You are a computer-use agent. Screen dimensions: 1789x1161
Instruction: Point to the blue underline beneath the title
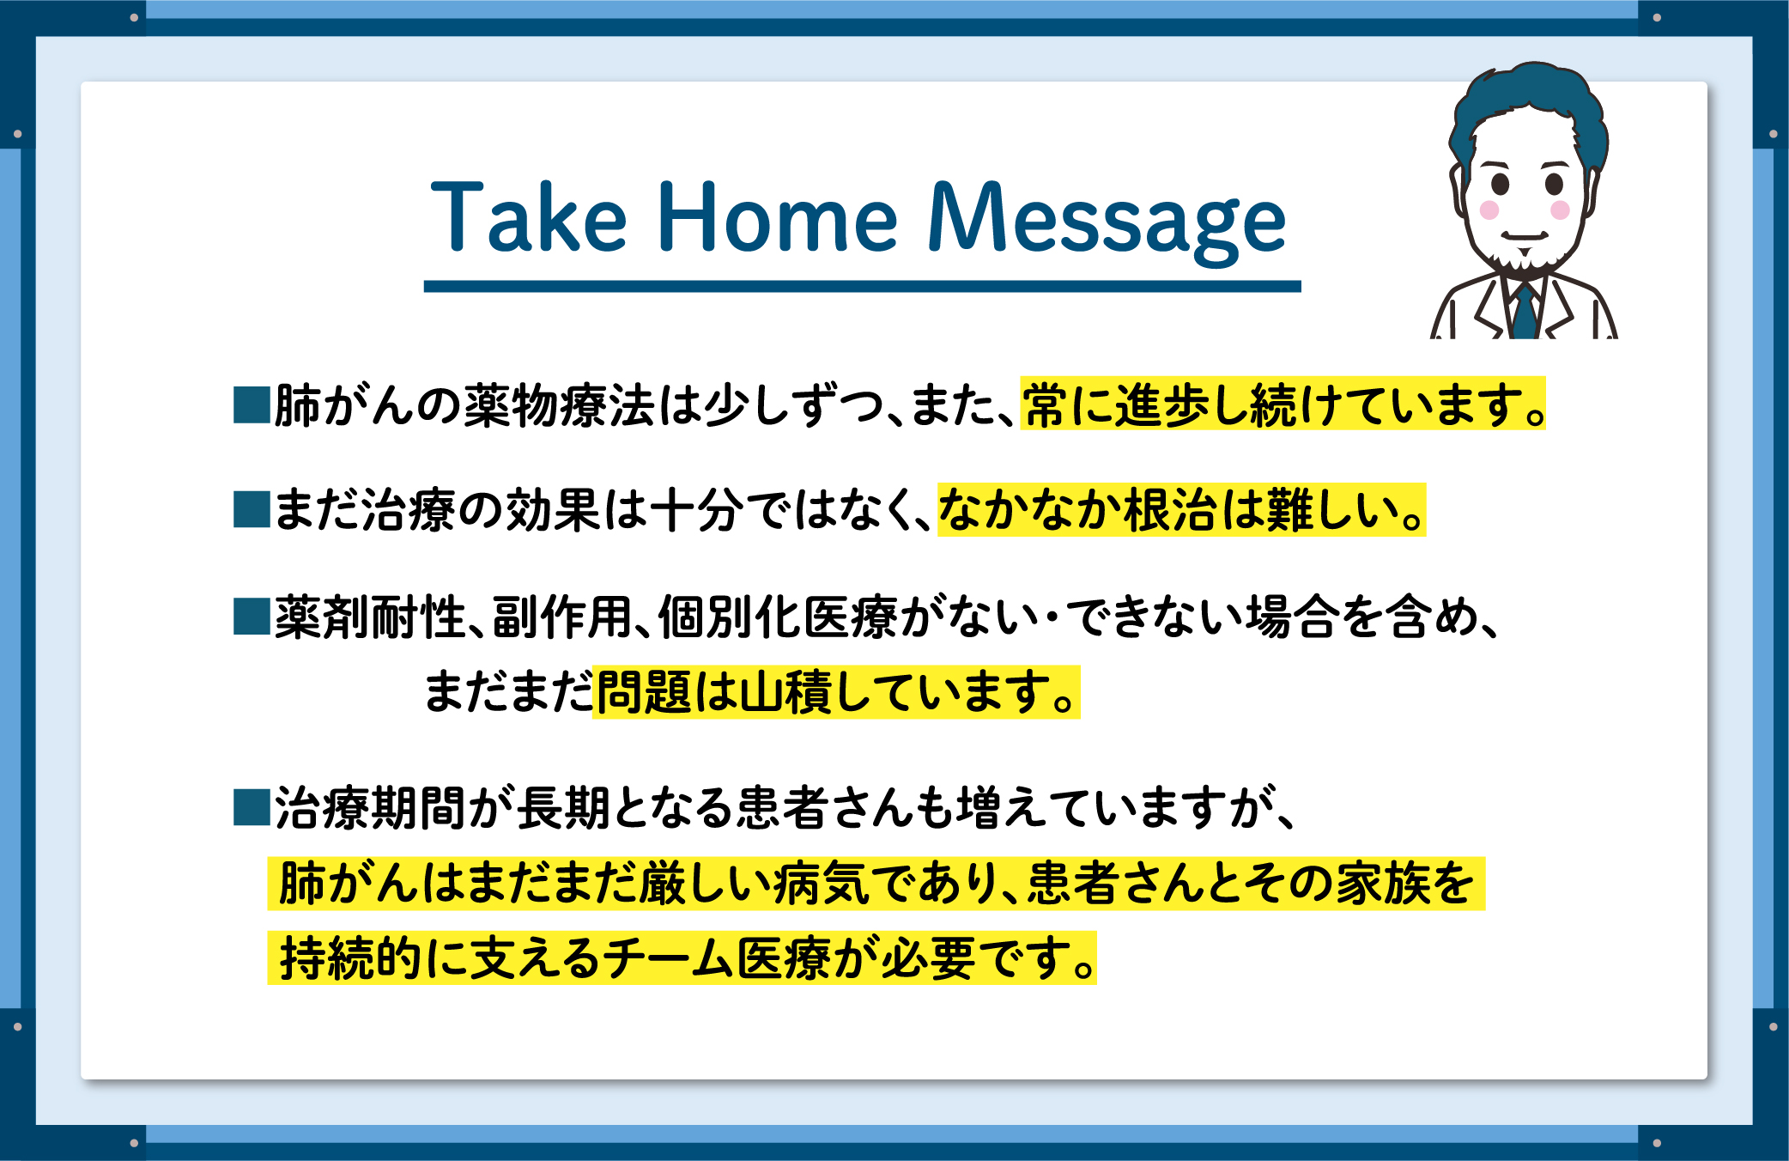[x=862, y=287]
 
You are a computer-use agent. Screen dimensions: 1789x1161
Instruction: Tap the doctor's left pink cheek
[x=1489, y=210]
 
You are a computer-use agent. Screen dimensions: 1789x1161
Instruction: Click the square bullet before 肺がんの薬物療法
[x=252, y=405]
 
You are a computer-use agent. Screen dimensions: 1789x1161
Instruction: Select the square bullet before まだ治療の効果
[x=252, y=509]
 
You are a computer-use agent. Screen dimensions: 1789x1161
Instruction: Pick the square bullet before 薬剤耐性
[x=252, y=617]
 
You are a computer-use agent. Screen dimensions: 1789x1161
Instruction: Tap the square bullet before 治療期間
[x=252, y=808]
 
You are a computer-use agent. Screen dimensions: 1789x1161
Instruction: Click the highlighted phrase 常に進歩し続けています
[x=1283, y=404]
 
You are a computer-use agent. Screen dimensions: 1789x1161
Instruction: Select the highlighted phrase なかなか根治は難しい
[x=1181, y=510]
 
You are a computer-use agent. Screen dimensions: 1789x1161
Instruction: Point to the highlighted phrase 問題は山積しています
[x=836, y=692]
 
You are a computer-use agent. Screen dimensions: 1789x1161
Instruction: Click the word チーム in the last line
[x=668, y=958]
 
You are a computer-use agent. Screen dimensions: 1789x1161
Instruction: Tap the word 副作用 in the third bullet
[x=562, y=617]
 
